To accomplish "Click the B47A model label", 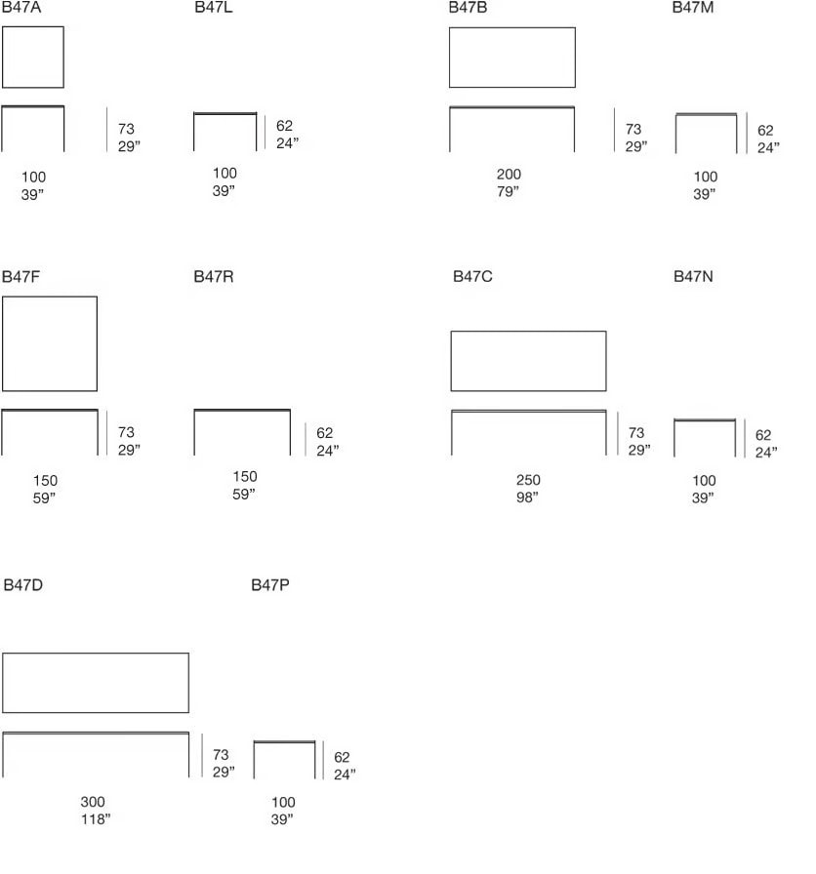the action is pyautogui.click(x=21, y=7).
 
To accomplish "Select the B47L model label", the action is pyautogui.click(x=214, y=7).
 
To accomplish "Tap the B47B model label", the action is pyautogui.click(x=468, y=7).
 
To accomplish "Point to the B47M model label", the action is pyautogui.click(x=693, y=7).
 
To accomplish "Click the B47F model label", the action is pyautogui.click(x=20, y=276).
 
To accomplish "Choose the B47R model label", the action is pyautogui.click(x=214, y=276).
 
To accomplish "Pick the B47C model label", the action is pyautogui.click(x=472, y=276).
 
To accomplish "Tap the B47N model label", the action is pyautogui.click(x=693, y=276).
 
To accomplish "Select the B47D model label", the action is pyautogui.click(x=22, y=584).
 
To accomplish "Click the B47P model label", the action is pyautogui.click(x=270, y=584).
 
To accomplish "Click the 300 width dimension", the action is pyautogui.click(x=93, y=802).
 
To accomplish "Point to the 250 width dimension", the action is pyautogui.click(x=528, y=480).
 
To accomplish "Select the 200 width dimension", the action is pyautogui.click(x=509, y=175).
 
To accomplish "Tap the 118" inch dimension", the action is pyautogui.click(x=96, y=818).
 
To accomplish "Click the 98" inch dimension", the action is pyautogui.click(x=527, y=497).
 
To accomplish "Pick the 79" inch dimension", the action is pyautogui.click(x=509, y=191).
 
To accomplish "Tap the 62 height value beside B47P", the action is pyautogui.click(x=342, y=757).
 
